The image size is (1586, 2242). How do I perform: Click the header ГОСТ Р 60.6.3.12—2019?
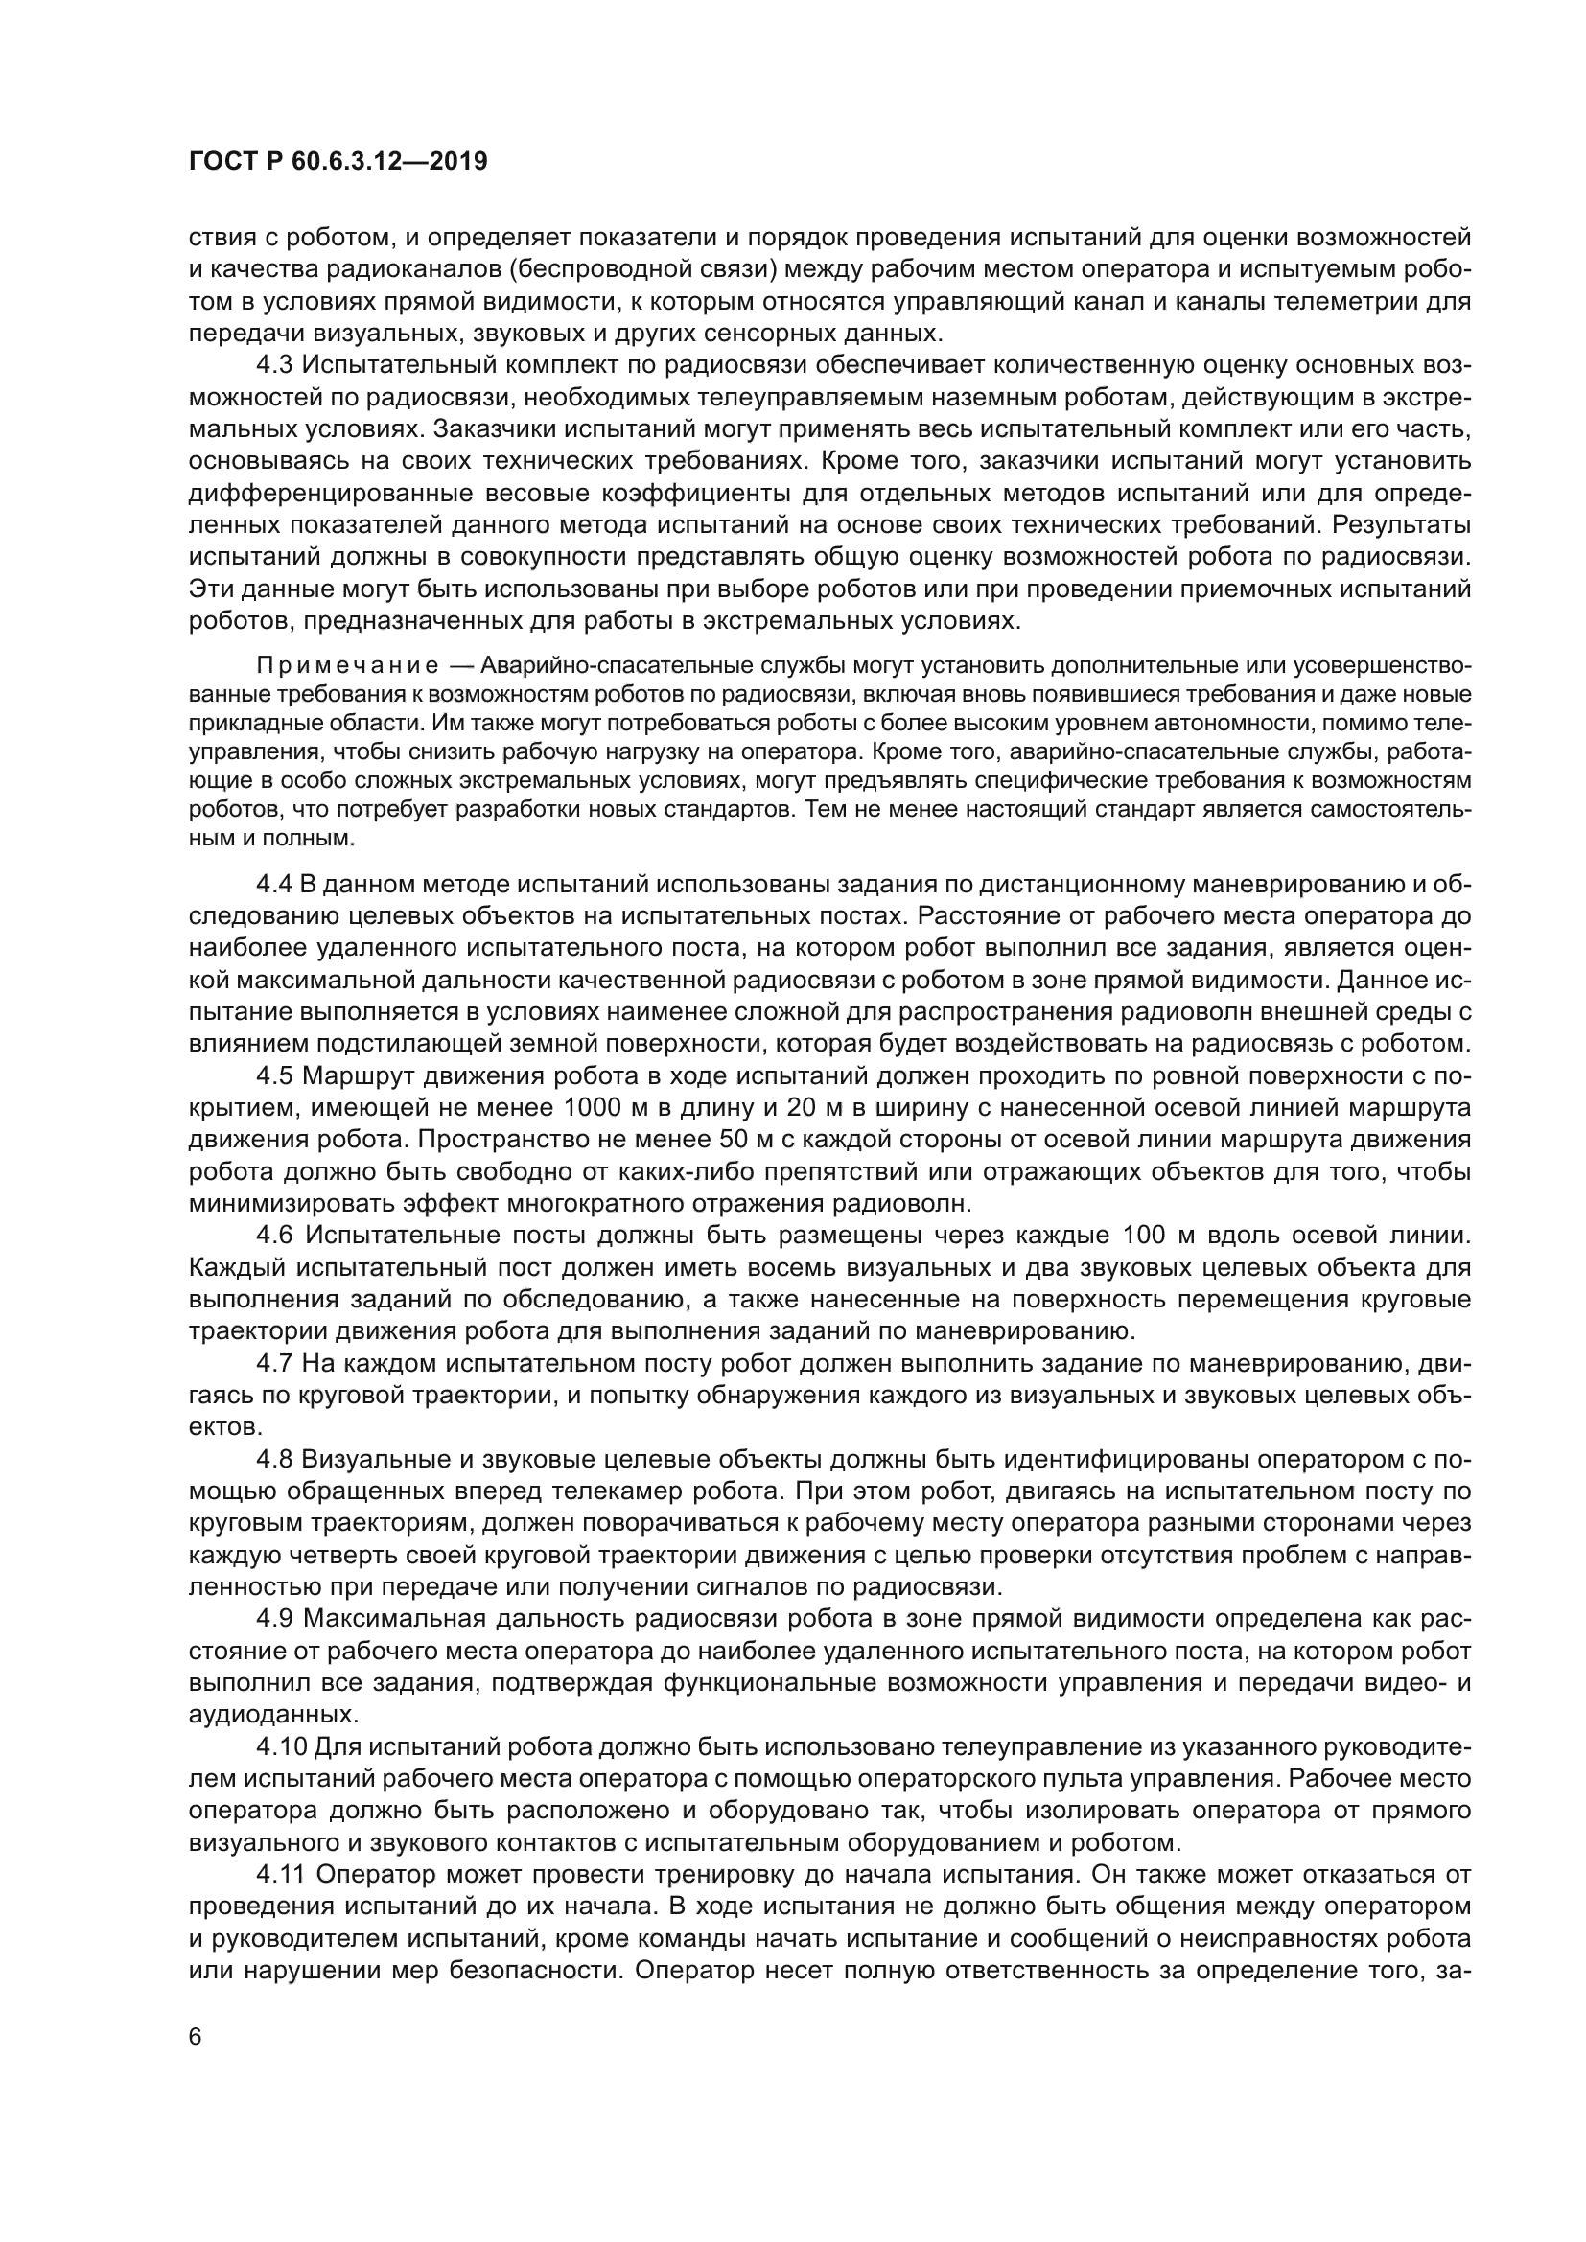[x=338, y=162]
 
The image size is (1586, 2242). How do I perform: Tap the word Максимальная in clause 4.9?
[x=394, y=1619]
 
